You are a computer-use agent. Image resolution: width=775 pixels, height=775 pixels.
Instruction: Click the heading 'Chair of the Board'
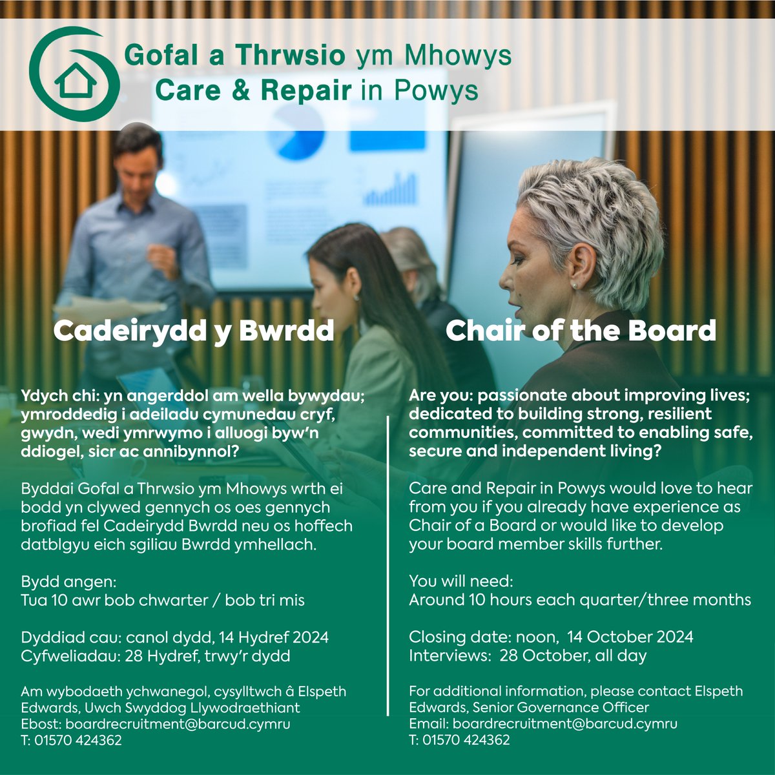point(581,331)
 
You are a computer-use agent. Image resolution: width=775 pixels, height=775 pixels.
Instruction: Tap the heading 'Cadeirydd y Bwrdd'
point(193,331)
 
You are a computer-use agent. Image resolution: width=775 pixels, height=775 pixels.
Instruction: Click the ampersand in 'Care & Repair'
point(241,90)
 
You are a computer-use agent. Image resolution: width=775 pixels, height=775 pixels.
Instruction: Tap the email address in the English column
point(564,723)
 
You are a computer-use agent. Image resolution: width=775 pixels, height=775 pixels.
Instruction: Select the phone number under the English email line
point(466,740)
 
